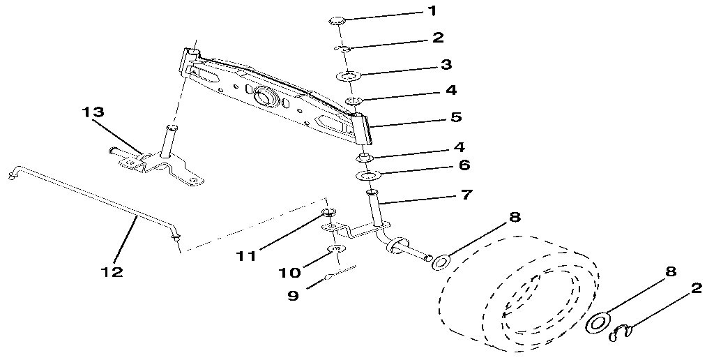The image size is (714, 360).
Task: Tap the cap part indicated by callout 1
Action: pos(338,22)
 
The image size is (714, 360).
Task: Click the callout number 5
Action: pos(455,117)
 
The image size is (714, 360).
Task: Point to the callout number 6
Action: pos(464,166)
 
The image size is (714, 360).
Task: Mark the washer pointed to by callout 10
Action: pos(336,249)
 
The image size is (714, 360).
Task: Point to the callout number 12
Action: pos(112,271)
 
